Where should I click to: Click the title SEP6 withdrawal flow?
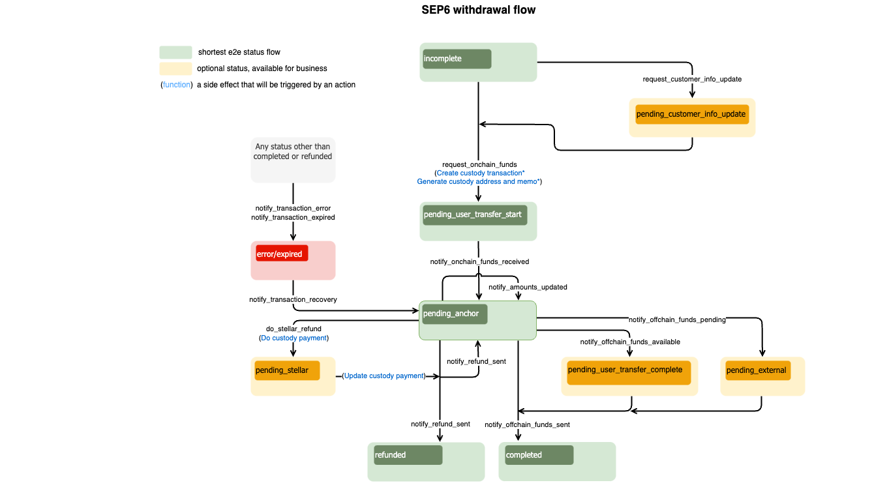click(478, 10)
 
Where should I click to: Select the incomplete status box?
click(457, 59)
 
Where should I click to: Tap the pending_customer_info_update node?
click(691, 115)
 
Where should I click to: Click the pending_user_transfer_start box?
click(475, 215)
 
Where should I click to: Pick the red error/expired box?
click(281, 254)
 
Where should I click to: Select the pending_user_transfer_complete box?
click(625, 370)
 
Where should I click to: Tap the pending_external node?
click(757, 371)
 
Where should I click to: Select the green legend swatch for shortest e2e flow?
click(175, 52)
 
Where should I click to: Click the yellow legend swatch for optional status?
click(175, 68)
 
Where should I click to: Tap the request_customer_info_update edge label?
click(692, 80)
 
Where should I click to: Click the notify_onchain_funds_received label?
click(479, 262)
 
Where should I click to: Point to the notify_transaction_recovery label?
click(293, 300)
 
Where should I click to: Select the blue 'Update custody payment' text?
click(383, 376)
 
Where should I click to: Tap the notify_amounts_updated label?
click(528, 288)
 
